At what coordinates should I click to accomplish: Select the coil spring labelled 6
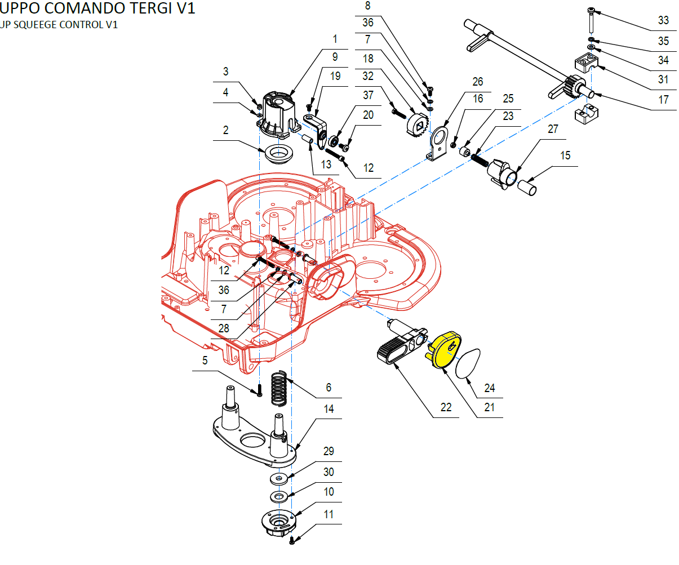[x=279, y=388]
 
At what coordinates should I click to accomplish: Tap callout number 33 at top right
[x=663, y=20]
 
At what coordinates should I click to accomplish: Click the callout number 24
[x=490, y=388]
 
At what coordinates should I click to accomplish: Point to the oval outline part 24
[x=469, y=364]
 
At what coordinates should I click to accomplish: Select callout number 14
[x=329, y=409]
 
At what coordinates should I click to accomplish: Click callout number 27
[x=553, y=129]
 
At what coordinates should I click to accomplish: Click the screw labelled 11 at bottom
[x=292, y=540]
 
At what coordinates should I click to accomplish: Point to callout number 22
[x=446, y=407]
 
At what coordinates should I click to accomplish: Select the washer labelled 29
[x=278, y=478]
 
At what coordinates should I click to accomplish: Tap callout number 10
[x=329, y=492]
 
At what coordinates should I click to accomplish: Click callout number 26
[x=478, y=82]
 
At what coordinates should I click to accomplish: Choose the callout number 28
[x=224, y=328]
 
